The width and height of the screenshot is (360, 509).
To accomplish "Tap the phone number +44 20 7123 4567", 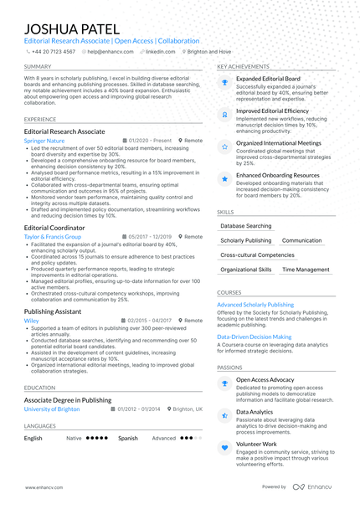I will click(53, 51).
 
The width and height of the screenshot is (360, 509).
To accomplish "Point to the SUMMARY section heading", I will click(37, 66).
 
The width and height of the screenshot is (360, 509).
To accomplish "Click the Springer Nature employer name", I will click(44, 141).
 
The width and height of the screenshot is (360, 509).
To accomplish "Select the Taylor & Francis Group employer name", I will click(53, 237).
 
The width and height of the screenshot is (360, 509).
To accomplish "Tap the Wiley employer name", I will click(31, 321).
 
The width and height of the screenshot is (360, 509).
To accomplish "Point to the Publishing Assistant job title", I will click(53, 311).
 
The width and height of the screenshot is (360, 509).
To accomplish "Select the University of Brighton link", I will click(52, 409).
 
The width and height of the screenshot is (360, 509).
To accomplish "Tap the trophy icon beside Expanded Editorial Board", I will click(224, 82).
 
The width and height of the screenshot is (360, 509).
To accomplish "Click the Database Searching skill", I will click(246, 226).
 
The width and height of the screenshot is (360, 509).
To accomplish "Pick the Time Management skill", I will click(306, 270).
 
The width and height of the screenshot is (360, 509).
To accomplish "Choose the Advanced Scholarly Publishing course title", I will click(255, 305).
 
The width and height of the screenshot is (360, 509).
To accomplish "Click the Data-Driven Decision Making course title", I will click(255, 336).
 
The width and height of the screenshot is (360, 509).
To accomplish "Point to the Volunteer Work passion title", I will click(256, 444).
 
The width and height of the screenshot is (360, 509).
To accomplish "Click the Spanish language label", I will click(128, 438).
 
